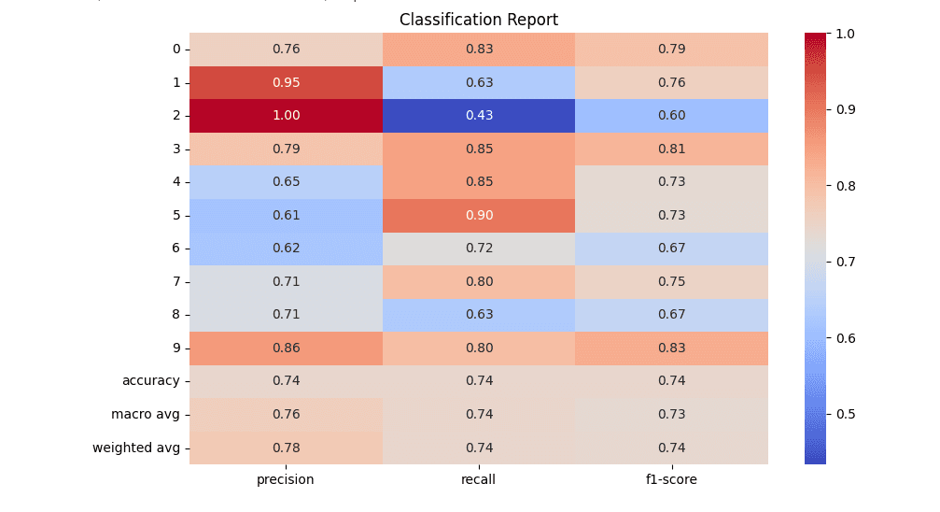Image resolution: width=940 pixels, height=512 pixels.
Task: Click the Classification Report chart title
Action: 478,20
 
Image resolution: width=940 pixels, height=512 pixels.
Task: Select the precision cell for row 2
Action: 286,116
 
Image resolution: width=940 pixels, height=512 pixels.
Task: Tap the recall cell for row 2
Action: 479,116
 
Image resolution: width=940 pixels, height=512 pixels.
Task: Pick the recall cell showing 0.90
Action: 479,215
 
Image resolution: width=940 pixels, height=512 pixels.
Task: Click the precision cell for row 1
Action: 286,82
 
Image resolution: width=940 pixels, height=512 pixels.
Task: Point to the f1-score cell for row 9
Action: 671,348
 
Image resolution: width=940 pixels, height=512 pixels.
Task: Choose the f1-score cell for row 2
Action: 671,116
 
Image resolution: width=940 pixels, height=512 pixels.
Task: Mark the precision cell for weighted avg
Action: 286,448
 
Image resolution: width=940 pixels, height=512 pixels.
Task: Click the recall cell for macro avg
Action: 479,414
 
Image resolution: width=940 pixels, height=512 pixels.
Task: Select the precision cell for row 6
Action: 286,249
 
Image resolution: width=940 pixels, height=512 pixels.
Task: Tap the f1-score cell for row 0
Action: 671,49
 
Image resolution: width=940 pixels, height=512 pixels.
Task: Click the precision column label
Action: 286,480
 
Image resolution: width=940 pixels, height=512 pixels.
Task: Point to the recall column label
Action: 479,480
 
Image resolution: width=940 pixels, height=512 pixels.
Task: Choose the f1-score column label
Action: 671,480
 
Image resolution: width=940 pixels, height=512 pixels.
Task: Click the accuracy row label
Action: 150,380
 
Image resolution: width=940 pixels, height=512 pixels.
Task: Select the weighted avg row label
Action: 135,448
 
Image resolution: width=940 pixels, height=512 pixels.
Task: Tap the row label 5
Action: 175,215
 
